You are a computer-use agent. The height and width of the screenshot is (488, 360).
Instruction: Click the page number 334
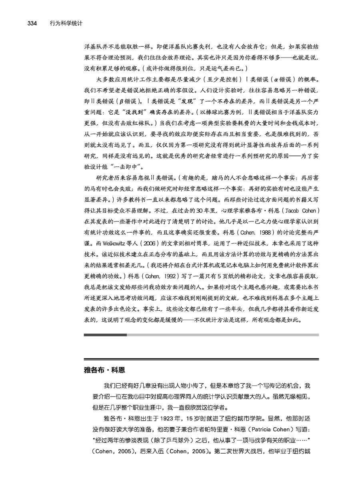(x=32, y=24)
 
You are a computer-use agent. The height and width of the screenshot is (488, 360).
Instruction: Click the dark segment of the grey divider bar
(x=105, y=335)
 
